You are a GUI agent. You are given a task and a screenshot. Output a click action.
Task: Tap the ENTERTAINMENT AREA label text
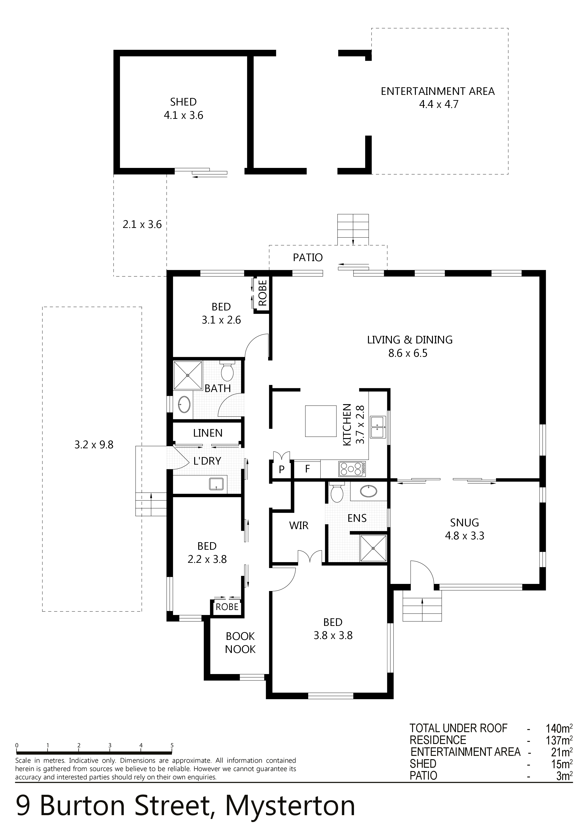pyautogui.click(x=438, y=91)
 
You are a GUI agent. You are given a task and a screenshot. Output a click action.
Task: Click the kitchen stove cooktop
pyautogui.click(x=352, y=469)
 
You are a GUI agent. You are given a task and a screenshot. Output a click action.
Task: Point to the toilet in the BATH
pyautogui.click(x=228, y=370)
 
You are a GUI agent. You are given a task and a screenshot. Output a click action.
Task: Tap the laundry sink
pyautogui.click(x=217, y=484)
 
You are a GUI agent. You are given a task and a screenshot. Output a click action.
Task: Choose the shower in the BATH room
pyautogui.click(x=188, y=375)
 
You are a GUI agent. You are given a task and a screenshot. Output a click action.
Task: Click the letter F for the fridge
pyautogui.click(x=308, y=469)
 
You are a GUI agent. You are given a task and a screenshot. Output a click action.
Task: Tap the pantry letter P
pyautogui.click(x=281, y=470)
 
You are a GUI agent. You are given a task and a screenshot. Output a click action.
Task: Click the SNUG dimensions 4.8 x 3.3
pyautogui.click(x=464, y=536)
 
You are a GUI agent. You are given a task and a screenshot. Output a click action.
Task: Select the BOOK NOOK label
pyautogui.click(x=240, y=642)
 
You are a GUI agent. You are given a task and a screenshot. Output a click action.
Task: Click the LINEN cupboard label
pyautogui.click(x=208, y=433)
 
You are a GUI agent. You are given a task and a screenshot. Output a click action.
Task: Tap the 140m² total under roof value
pyautogui.click(x=559, y=728)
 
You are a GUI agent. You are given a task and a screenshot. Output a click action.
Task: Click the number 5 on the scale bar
pyautogui.click(x=172, y=745)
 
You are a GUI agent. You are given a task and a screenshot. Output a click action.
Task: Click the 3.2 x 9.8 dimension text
pyautogui.click(x=94, y=445)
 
